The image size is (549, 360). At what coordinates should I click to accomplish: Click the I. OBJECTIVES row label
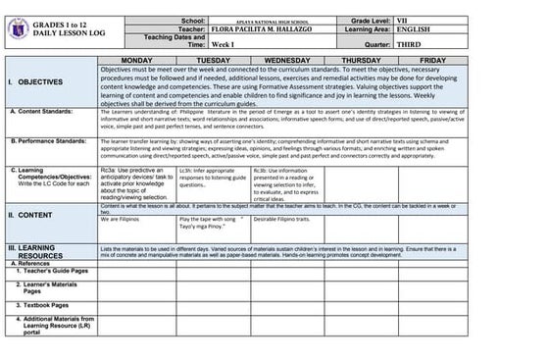[x=36, y=83]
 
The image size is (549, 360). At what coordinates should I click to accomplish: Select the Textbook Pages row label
[x=44, y=304]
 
